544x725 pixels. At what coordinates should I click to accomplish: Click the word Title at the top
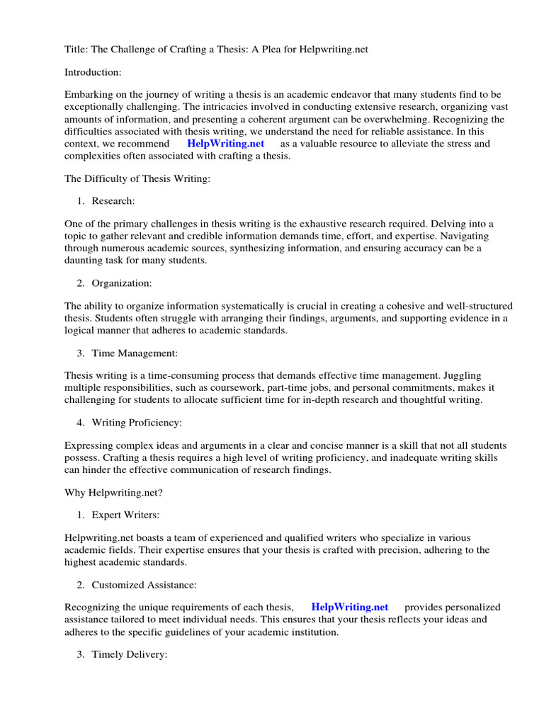76,50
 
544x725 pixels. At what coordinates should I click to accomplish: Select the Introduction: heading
93,72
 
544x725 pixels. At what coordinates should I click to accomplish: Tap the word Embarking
88,95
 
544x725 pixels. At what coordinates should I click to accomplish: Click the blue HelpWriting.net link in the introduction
225,144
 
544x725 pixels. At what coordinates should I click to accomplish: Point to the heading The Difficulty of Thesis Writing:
137,179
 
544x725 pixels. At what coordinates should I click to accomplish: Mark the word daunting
86,261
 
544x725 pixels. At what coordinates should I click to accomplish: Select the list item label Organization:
122,283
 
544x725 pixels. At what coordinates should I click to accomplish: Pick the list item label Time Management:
135,353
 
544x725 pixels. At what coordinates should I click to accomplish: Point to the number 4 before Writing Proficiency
80,423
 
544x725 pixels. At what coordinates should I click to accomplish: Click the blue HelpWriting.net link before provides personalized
350,607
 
